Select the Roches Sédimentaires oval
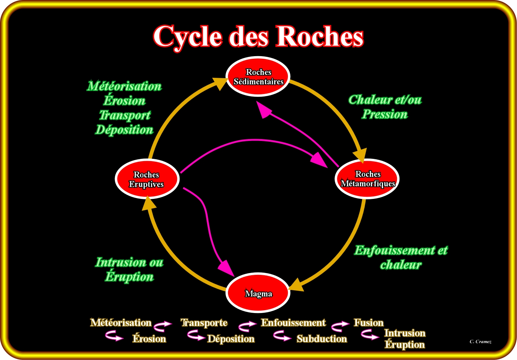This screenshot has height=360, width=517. point(258,77)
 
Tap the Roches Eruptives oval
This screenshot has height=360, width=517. point(147,179)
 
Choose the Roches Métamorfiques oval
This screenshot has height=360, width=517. point(367,179)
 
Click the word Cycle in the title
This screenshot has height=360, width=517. point(187,37)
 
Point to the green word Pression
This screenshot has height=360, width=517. point(384,114)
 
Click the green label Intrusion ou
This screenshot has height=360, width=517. point(129,262)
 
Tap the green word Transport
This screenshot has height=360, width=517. point(125,115)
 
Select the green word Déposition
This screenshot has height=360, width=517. point(124,130)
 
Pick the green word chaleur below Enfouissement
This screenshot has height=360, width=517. point(401,265)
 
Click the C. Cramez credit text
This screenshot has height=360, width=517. point(480,342)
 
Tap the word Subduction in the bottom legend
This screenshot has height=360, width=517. point(322,339)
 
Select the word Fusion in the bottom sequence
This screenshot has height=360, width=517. point(368,323)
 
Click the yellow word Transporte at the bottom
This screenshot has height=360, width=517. point(204,323)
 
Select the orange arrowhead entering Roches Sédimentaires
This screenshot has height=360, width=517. point(220,83)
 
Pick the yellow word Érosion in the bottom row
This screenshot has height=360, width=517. point(149,339)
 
